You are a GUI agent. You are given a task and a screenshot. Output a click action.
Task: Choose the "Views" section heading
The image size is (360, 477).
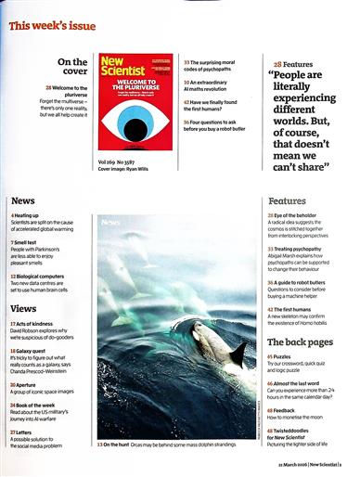pyautogui.click(x=24, y=307)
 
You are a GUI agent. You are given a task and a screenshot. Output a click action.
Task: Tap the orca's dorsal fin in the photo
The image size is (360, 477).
pyautogui.click(x=238, y=352)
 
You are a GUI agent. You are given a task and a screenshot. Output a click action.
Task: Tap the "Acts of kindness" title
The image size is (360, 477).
pyautogui.click(x=43, y=322)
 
